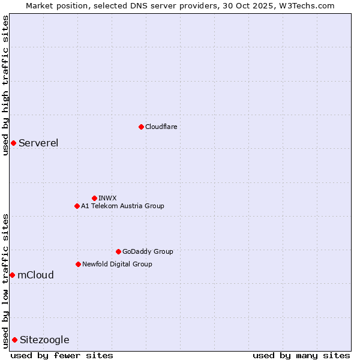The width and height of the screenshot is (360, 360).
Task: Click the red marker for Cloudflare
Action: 141,127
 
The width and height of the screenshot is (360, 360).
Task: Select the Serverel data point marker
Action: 13,143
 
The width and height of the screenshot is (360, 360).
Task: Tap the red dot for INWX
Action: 94,198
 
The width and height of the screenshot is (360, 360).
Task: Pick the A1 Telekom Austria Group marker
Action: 77,206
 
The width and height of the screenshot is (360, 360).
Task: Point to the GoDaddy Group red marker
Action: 118,251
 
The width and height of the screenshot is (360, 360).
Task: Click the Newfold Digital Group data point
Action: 78,264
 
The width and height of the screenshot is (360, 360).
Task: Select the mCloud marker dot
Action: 12,275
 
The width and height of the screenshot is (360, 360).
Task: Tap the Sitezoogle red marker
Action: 14,340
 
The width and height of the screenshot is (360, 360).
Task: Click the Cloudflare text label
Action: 161,127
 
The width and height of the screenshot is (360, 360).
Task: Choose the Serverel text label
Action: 38,143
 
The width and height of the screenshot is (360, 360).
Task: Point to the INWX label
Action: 107,198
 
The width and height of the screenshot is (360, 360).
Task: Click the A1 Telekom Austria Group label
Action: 122,206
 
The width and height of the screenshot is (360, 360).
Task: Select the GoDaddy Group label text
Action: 148,251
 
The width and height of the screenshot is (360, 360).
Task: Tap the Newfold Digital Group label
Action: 117,264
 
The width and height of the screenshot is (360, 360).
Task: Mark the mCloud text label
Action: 35,275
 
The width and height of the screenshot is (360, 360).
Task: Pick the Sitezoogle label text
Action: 44,340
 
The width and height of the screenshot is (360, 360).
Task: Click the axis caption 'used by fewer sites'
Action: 62,355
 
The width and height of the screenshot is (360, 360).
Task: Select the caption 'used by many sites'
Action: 301,355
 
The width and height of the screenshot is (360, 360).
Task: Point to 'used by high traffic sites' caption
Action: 5,85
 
